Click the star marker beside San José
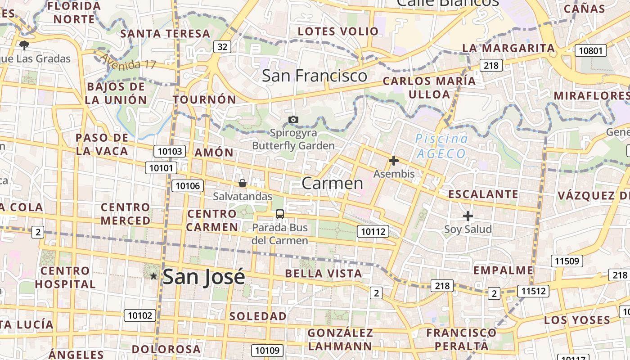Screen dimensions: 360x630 tap(153, 276)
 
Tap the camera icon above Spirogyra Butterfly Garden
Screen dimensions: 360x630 tap(293, 119)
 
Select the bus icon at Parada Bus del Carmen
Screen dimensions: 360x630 tap(280, 214)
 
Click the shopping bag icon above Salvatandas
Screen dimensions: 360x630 tap(243, 183)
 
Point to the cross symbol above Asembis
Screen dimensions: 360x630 tap(394, 161)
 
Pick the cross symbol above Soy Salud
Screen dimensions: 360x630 tap(468, 216)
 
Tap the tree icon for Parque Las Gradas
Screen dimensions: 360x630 tap(24, 45)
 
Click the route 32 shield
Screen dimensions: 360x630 tap(222, 46)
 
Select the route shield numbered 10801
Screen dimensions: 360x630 tap(590, 50)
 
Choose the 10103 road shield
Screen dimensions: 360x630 tap(170, 151)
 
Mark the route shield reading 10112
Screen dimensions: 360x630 tap(373, 232)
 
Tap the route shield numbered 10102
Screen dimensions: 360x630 tap(140, 315)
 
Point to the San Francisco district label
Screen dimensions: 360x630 tap(315, 76)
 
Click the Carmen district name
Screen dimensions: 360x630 tap(332, 183)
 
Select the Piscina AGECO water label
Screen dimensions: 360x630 tap(441, 146)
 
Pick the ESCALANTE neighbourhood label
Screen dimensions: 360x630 tap(483, 194)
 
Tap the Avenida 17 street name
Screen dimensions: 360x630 tap(128, 62)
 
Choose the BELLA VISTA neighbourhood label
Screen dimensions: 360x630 tap(324, 274)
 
